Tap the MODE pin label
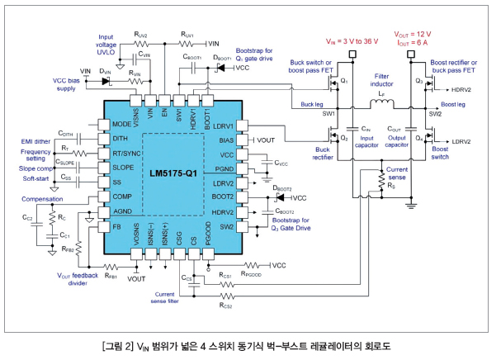[121, 125]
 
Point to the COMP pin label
[121, 196]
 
